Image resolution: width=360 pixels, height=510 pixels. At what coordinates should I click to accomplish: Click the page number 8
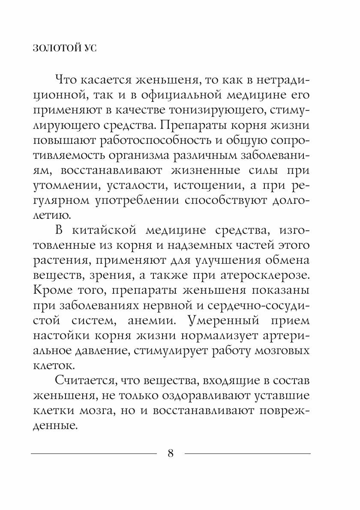tap(171, 453)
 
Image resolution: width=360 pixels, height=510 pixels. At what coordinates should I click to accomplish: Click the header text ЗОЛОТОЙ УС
tap(65, 48)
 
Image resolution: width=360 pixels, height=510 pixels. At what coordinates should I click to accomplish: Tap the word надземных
tap(213, 246)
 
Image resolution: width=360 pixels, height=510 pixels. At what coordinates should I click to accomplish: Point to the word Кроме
tap(52, 291)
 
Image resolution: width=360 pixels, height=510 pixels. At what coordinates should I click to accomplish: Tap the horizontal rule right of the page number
tap(247, 453)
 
